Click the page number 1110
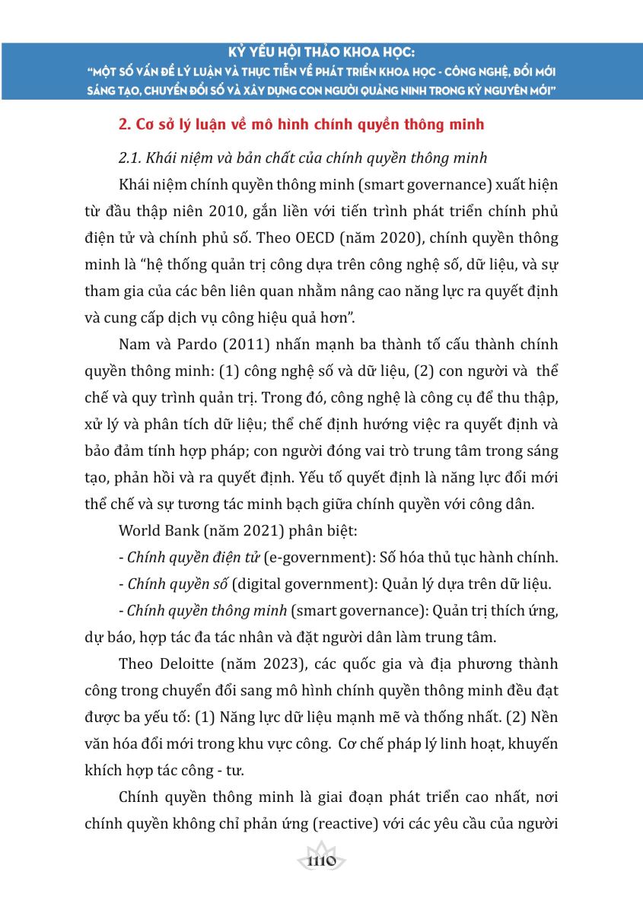pyautogui.click(x=320, y=861)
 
